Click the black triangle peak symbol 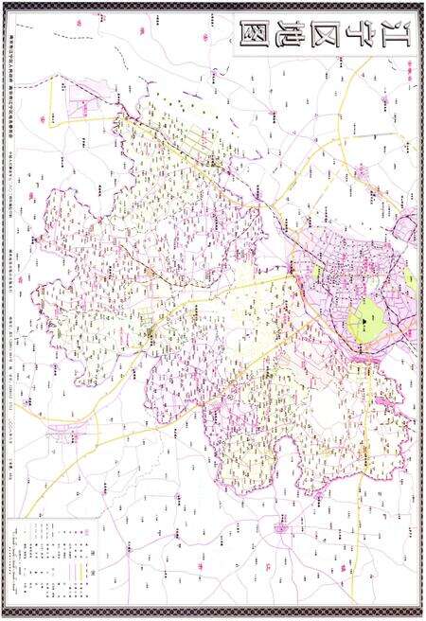click(362, 325)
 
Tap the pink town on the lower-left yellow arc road click(68, 434)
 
